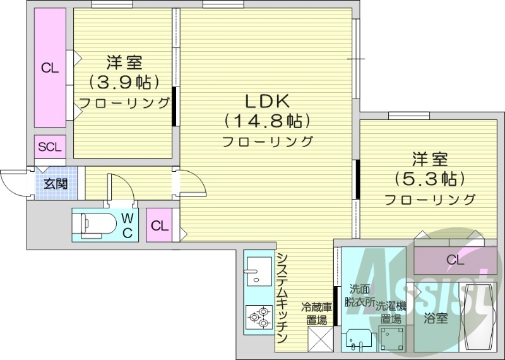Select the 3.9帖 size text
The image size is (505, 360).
coord(124,82)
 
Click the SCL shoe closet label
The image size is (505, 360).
coord(50,148)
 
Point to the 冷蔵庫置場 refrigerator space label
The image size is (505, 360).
coord(316,314)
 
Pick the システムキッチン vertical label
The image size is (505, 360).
coord(283,297)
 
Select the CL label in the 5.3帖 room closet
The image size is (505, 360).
coord(454,260)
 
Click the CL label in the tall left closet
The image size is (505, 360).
coord(50,68)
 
